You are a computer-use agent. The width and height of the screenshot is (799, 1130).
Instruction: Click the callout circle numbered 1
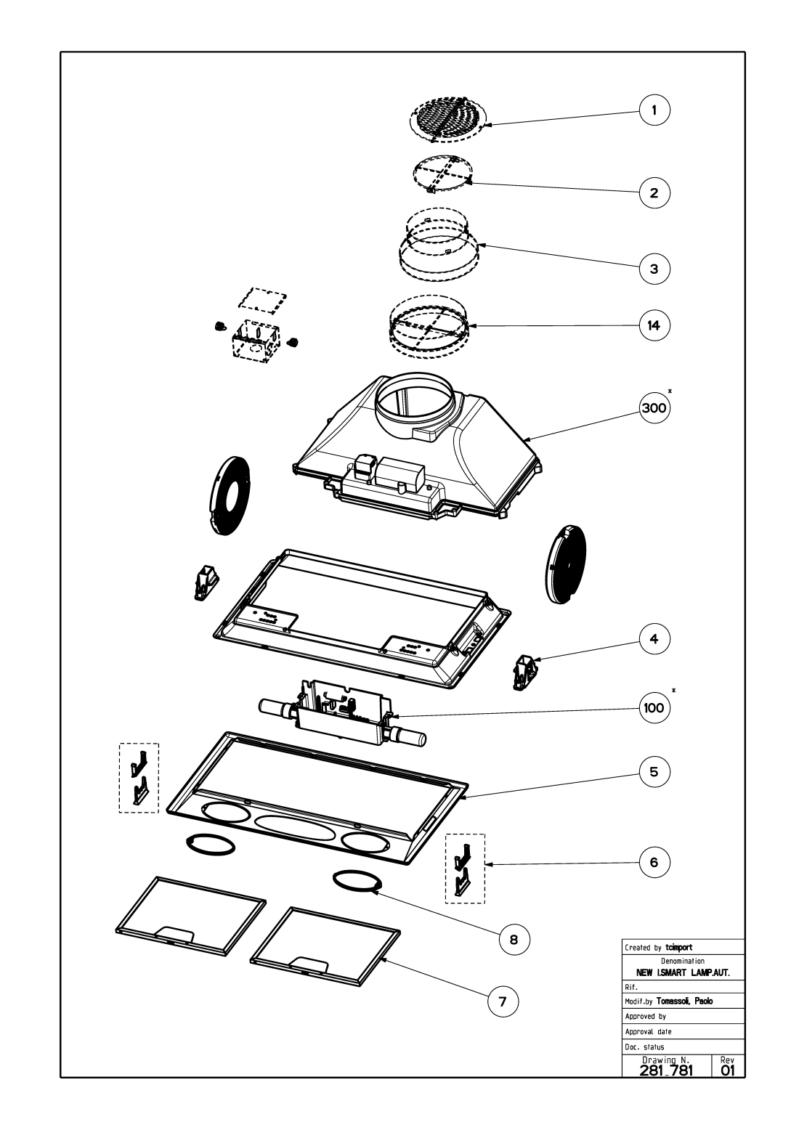(x=654, y=110)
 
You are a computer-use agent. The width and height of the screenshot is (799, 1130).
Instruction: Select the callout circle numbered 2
(x=654, y=193)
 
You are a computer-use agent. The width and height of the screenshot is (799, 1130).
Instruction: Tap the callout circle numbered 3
(x=654, y=268)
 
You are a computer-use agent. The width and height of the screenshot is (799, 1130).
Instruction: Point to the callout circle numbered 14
(x=654, y=325)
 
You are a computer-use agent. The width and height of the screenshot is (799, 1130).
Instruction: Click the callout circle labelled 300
(x=654, y=408)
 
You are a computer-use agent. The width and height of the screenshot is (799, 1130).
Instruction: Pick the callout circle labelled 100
(x=654, y=707)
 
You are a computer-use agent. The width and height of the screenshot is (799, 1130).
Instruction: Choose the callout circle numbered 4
(x=654, y=639)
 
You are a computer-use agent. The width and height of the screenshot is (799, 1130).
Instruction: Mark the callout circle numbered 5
(x=654, y=772)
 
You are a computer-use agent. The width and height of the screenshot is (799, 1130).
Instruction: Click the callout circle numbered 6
(x=654, y=862)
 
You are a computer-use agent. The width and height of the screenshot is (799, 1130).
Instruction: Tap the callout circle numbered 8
(x=514, y=939)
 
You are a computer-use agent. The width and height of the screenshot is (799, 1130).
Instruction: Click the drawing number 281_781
(x=667, y=1070)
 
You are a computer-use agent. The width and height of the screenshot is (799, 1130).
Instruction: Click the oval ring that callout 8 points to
(x=357, y=880)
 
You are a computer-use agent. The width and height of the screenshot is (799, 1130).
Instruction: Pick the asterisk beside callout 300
(x=670, y=391)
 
